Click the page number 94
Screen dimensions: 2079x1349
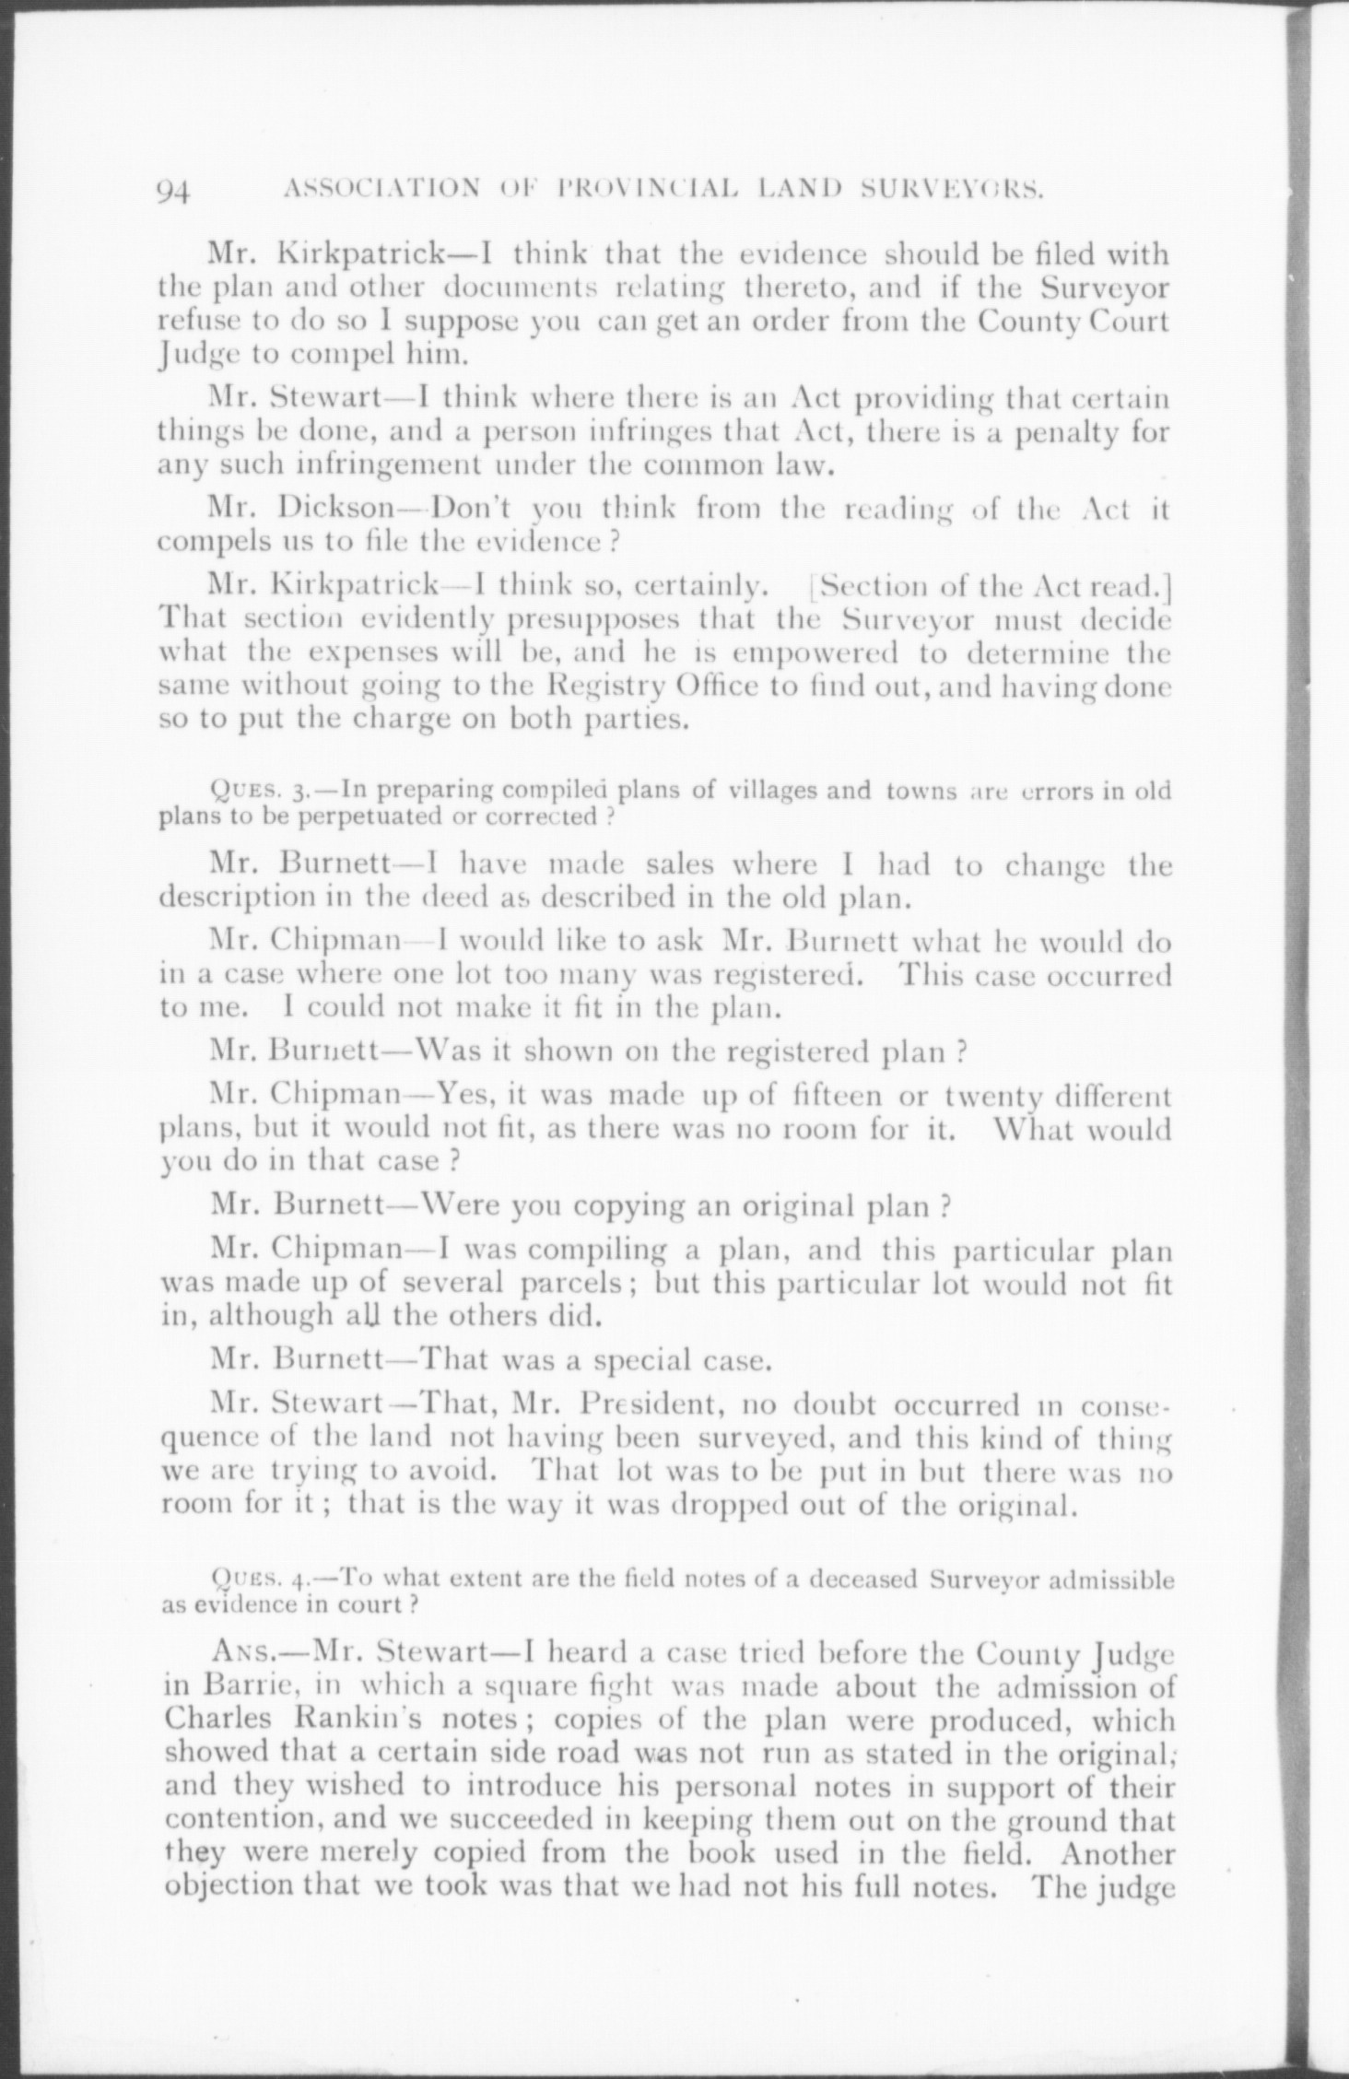click(x=174, y=190)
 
